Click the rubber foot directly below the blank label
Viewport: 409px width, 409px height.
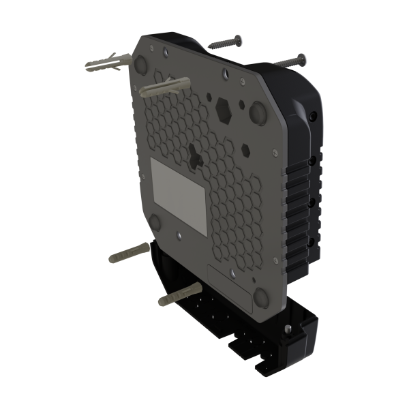[153, 222]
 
